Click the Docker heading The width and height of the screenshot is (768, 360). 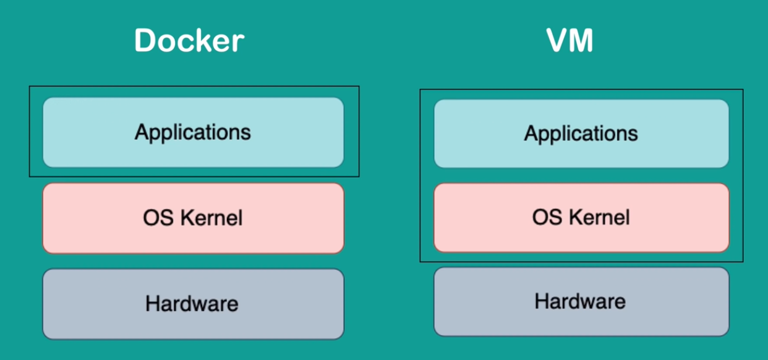coord(189,40)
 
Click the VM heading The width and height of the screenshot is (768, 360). coord(570,40)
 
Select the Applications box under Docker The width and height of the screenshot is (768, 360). coord(194,132)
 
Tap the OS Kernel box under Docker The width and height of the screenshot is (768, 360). coord(194,218)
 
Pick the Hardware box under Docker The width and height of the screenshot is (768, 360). coord(194,304)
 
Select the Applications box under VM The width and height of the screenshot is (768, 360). coord(581,134)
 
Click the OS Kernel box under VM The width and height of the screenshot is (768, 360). coord(581,217)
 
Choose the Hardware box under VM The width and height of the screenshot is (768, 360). coord(581,302)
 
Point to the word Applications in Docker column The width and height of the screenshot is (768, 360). coord(193,133)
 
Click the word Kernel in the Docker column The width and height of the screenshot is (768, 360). coord(211,218)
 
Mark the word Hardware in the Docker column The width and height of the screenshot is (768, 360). coord(192,304)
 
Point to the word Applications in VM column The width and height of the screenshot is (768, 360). coord(581,134)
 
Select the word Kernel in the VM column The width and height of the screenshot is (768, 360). coord(600,217)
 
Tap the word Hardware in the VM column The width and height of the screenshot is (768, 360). coord(580,301)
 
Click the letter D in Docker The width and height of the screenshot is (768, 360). coord(145,40)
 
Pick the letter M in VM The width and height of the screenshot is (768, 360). coord(581,40)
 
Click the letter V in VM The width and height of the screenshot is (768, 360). coord(557,40)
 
